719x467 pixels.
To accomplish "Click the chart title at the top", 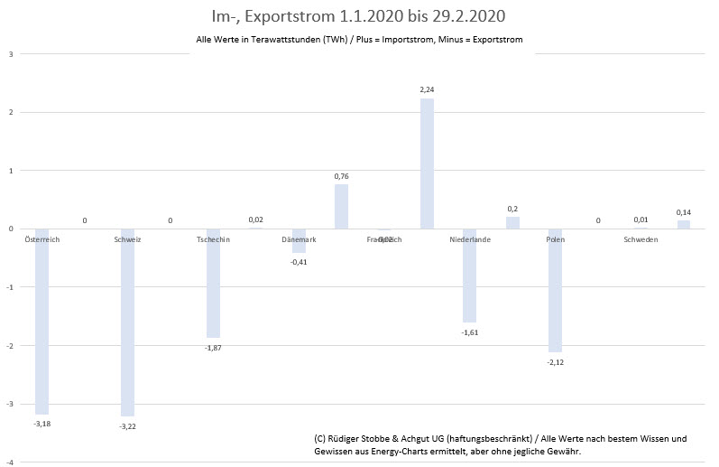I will coord(359,16).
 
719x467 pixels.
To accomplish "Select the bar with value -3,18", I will coord(41,321).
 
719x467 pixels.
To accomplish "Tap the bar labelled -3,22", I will coord(127,322).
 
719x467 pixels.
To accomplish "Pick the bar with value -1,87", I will coord(213,283).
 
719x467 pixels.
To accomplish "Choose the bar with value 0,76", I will coord(341,206).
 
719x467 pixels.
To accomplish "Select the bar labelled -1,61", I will coord(469,276).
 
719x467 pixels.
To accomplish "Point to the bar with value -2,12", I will coord(555,290).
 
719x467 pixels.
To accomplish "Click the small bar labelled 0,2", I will coord(512,222).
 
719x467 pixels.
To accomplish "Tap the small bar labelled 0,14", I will coord(684,224).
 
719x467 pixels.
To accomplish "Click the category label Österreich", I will coord(41,239).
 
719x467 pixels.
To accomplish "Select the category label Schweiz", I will coord(127,239).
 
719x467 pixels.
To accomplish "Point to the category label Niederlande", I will coord(469,239).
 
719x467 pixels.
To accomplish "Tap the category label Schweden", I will coord(641,239).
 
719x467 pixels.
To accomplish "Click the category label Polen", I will coord(555,239).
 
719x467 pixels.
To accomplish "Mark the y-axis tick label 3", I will coord(10,53).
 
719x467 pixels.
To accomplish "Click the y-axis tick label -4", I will coord(9,462).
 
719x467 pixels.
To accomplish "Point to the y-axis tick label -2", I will coord(9,346).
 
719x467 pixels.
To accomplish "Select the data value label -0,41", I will coord(299,262).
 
